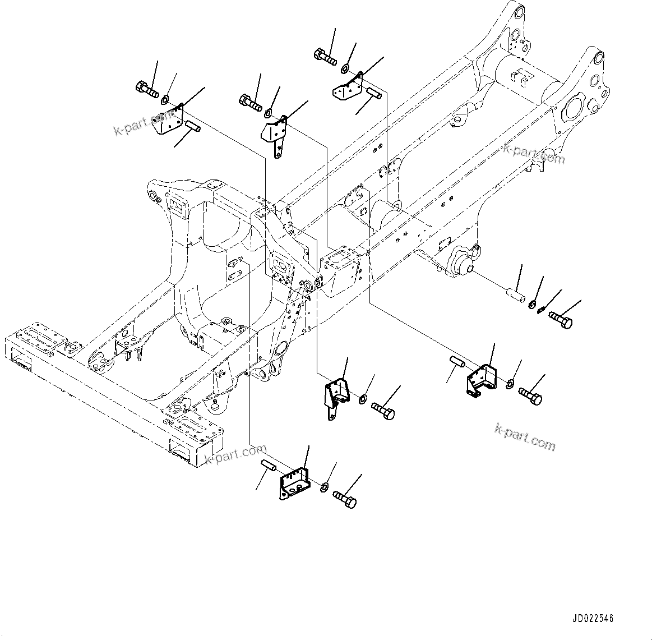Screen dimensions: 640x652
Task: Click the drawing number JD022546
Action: (x=593, y=619)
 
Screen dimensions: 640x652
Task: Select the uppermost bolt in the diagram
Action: (x=325, y=56)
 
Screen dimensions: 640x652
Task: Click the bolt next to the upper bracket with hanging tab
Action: (x=251, y=102)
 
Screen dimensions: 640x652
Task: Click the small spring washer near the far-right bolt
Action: (x=541, y=309)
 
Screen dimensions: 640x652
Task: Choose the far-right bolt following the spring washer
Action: (x=561, y=319)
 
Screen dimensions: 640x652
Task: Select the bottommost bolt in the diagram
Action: (x=344, y=499)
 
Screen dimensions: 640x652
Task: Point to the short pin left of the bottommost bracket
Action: (x=268, y=466)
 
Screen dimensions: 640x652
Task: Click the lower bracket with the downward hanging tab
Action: (x=336, y=395)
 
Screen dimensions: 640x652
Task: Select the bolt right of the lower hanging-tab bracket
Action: (x=383, y=411)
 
